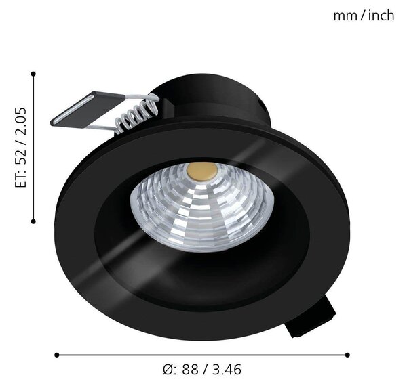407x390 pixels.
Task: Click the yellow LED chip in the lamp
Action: [201, 171]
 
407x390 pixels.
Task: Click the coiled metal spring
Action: [136, 114]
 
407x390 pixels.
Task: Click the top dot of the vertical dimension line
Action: [33, 74]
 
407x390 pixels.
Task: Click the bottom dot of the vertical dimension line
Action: [33, 221]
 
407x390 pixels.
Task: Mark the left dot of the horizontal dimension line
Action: [57, 355]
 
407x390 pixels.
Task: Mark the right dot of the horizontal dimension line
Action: [347, 355]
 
